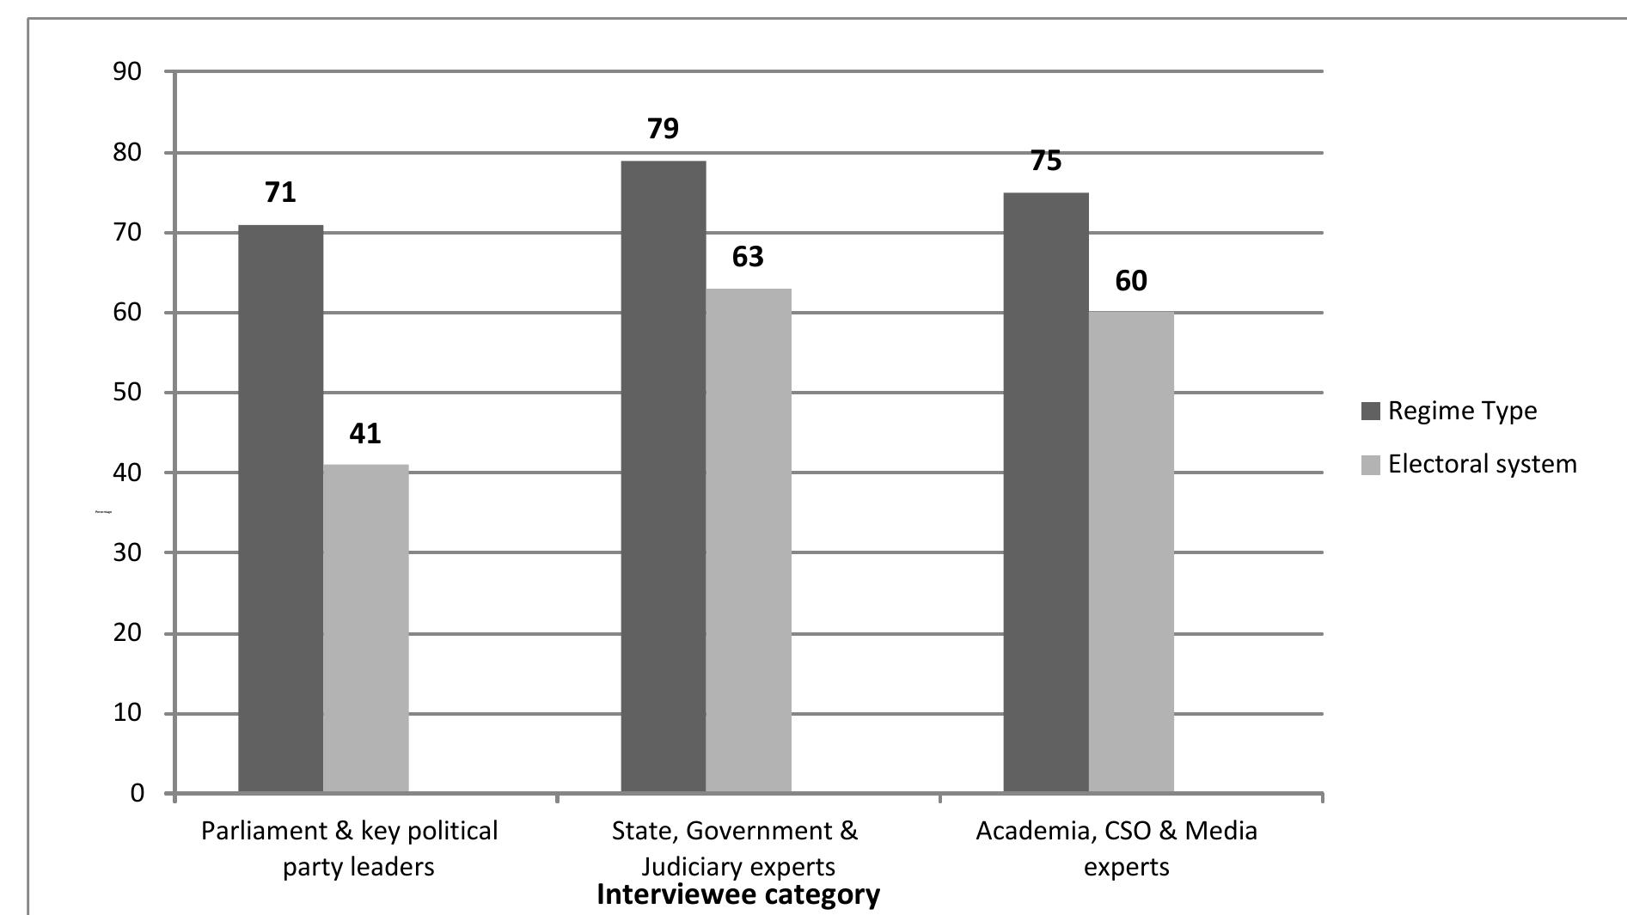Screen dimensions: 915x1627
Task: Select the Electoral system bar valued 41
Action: click(365, 628)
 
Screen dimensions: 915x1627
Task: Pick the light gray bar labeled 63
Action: click(748, 540)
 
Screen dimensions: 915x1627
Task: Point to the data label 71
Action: click(280, 192)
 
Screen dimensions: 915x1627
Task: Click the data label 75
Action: click(1045, 161)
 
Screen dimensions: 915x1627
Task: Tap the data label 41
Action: click(365, 433)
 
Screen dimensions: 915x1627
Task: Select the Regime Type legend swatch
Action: click(1370, 411)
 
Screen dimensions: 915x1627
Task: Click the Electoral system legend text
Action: click(1482, 464)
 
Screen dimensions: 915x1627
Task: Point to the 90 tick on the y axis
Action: click(127, 71)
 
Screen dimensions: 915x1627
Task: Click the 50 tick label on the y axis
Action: click(127, 393)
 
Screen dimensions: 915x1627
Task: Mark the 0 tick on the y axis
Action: click(138, 793)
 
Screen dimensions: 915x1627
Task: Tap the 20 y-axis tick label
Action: click(127, 633)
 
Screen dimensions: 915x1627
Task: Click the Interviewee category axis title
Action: click(737, 894)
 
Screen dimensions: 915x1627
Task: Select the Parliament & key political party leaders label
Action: click(350, 848)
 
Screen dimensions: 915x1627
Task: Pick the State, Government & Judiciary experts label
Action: click(736, 848)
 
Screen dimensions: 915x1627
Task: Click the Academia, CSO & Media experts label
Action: click(1117, 848)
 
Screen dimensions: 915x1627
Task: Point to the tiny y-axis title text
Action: click(103, 512)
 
